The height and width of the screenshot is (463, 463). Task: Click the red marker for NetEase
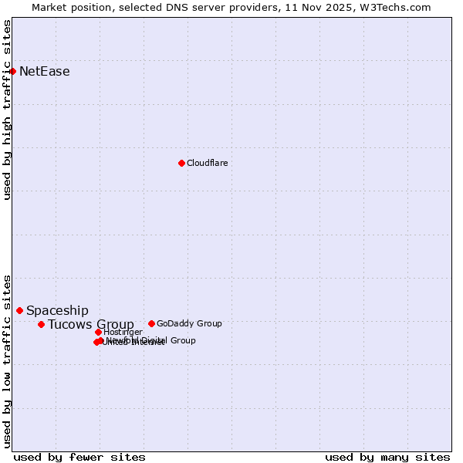(12, 72)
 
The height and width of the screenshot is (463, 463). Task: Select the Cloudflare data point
(181, 163)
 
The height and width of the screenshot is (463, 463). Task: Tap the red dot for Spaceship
(19, 310)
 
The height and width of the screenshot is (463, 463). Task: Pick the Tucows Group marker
(41, 324)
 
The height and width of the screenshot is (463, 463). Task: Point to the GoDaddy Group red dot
(151, 323)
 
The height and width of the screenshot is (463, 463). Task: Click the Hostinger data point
(98, 332)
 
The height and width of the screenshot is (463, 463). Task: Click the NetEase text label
(45, 72)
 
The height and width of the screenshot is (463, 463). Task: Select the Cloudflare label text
(207, 163)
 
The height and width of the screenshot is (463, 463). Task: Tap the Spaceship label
(57, 311)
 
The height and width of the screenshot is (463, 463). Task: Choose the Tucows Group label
(91, 324)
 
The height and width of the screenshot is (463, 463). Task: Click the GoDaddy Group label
(189, 323)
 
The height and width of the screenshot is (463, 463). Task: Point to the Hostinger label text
(123, 332)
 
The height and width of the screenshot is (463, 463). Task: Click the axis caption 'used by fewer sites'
(79, 457)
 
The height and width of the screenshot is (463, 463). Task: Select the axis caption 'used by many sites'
(387, 457)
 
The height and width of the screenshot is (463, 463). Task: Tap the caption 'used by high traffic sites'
(8, 110)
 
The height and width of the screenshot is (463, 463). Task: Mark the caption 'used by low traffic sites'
(8, 360)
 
